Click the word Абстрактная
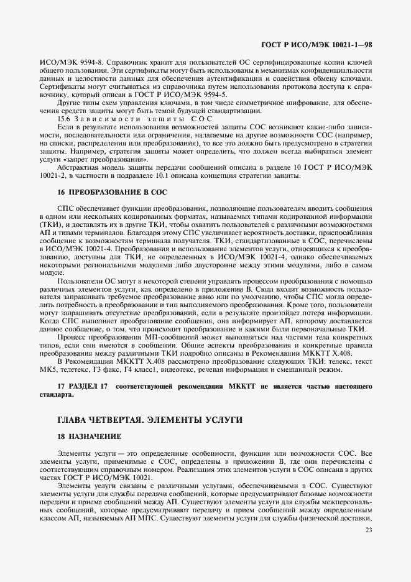pyautogui.click(x=76, y=167)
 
